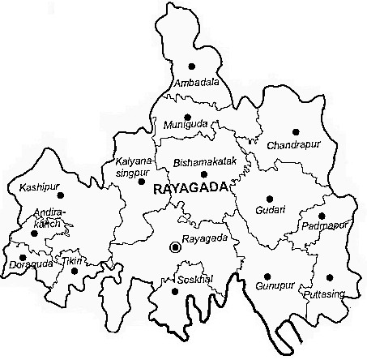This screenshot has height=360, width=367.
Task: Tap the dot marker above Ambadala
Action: [x=191, y=65]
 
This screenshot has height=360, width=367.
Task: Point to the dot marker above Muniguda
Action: [x=187, y=116]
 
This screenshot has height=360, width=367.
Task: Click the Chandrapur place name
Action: [x=289, y=146]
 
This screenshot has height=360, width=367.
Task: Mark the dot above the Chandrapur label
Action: [x=295, y=131]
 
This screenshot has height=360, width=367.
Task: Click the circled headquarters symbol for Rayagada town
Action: [x=173, y=246]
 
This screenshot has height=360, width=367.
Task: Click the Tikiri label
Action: [x=73, y=260]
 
